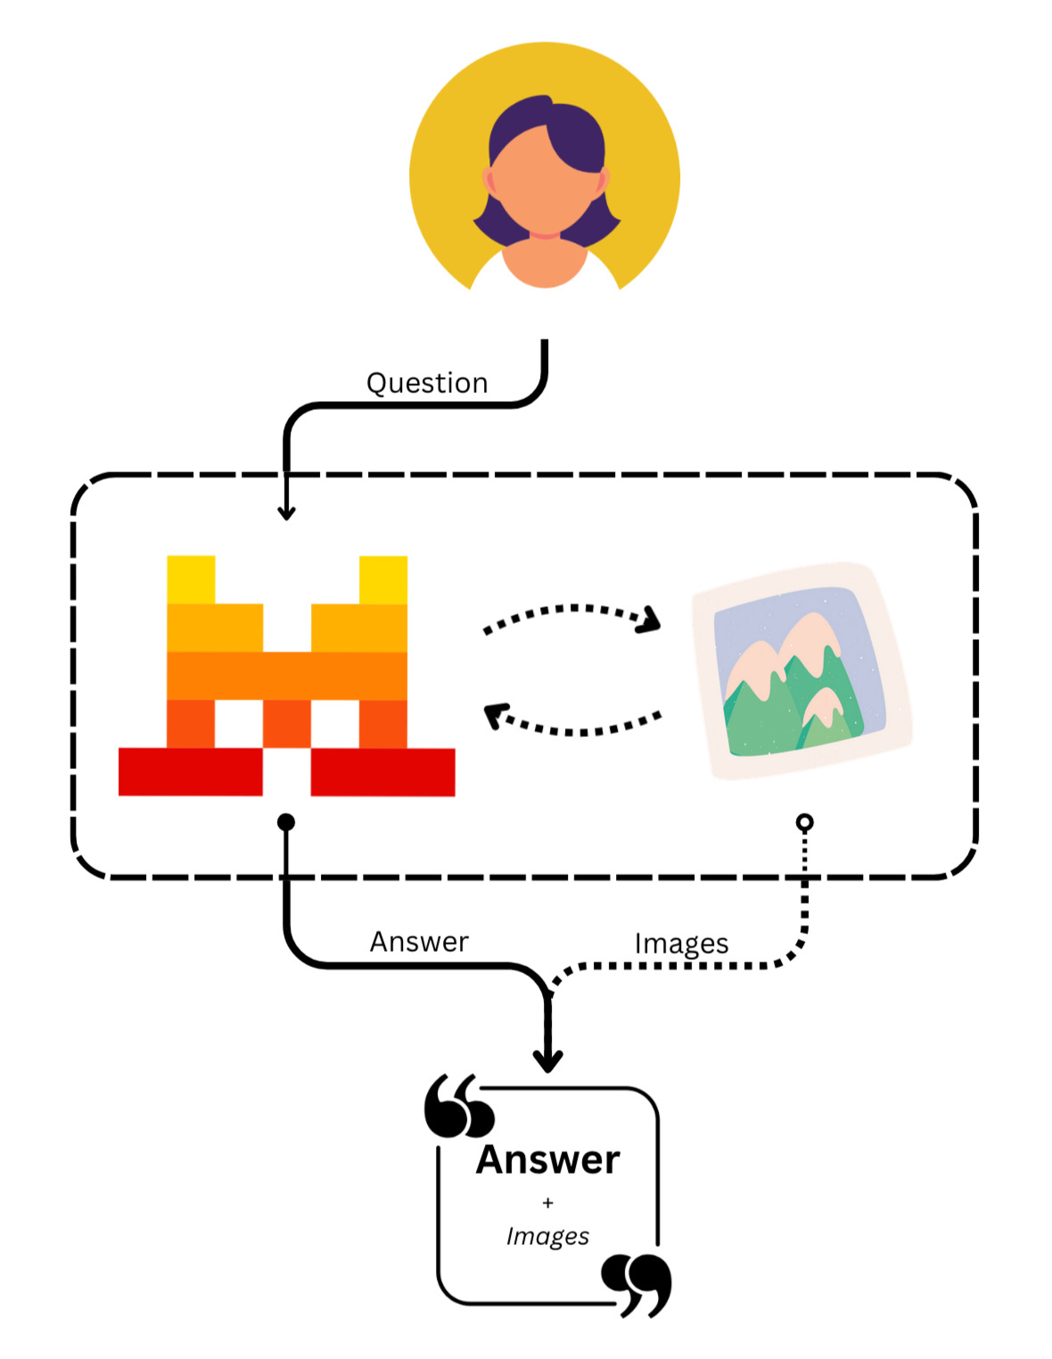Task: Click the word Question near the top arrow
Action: [x=427, y=383]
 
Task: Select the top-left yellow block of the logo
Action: [x=191, y=579]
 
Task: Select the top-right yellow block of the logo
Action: [x=383, y=579]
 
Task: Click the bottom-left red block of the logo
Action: [x=190, y=772]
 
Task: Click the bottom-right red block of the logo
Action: [x=383, y=772]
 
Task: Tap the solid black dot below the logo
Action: [x=286, y=822]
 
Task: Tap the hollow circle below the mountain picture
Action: [x=804, y=822]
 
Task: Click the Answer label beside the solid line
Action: [x=419, y=942]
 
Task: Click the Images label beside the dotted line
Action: [x=681, y=944]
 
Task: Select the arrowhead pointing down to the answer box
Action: [x=547, y=1060]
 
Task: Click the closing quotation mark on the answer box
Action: [x=637, y=1284]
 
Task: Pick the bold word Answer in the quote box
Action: [x=547, y=1160]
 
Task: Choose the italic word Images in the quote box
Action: [x=547, y=1236]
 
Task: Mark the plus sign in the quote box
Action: [x=547, y=1203]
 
